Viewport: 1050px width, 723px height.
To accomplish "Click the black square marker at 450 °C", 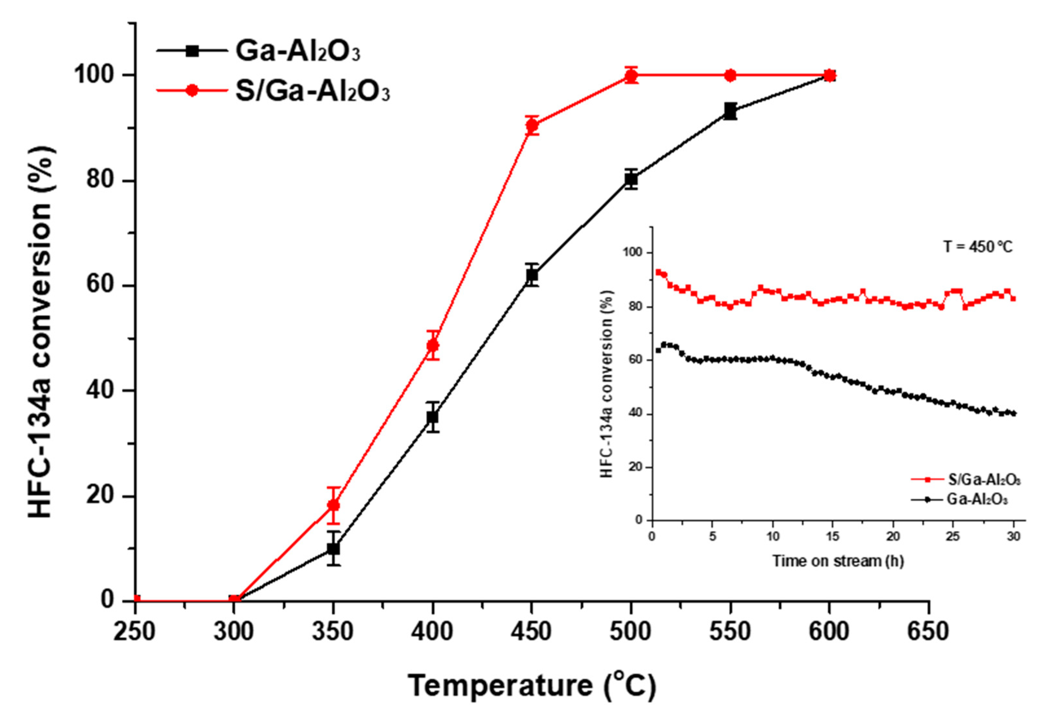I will [532, 275].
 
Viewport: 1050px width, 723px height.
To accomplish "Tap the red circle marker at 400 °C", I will [433, 346].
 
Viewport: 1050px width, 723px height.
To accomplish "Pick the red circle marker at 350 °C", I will [333, 505].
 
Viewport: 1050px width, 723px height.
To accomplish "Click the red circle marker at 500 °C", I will [631, 76].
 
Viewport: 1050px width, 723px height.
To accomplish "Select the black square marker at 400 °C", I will [433, 417].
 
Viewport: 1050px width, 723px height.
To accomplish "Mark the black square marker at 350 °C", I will [333, 549].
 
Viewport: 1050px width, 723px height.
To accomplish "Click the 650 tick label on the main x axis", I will [928, 631].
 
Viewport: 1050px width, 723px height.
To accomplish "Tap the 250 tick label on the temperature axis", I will [135, 631].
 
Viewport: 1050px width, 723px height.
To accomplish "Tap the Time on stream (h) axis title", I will [838, 561].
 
